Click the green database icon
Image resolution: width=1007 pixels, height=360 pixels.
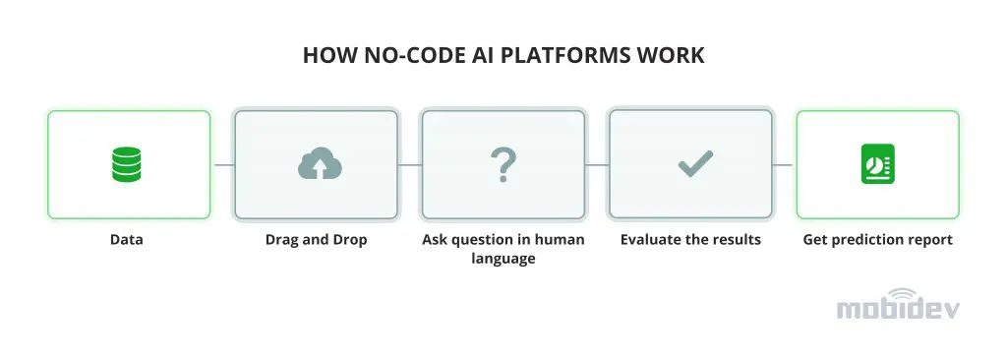(127, 164)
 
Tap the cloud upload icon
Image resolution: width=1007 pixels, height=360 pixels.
(320, 164)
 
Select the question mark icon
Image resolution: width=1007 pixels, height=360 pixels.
(503, 164)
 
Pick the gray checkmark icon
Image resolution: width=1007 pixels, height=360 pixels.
(695, 164)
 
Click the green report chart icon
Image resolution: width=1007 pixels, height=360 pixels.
(878, 164)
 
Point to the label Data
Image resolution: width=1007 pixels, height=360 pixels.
(127, 240)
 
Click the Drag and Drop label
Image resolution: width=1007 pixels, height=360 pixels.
(316, 240)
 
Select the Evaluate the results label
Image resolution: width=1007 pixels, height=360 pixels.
(690, 240)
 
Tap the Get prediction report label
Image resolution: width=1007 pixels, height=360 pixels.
(878, 240)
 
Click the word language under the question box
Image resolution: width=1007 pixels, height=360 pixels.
(503, 259)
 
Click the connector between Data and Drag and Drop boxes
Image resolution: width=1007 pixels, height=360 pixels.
(223, 164)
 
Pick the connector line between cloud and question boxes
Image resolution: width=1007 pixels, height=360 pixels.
(410, 164)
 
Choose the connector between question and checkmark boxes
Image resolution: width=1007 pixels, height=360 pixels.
(597, 164)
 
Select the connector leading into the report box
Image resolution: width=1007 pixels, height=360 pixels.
(784, 164)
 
